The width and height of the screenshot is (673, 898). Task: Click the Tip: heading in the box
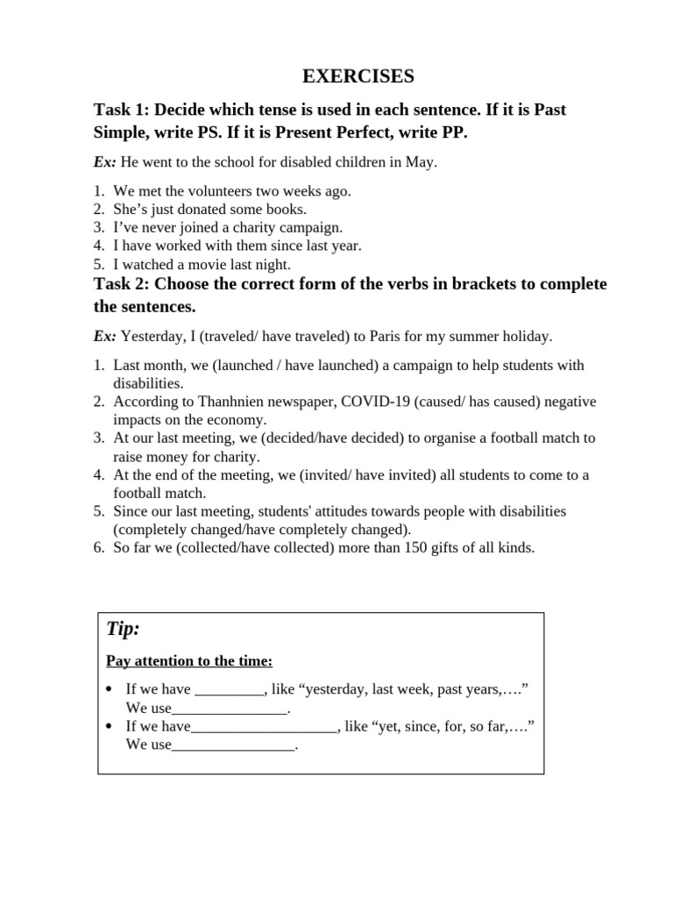click(x=124, y=629)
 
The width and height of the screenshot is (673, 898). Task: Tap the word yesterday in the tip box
click(x=332, y=690)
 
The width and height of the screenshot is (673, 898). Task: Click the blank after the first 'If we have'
click(x=229, y=691)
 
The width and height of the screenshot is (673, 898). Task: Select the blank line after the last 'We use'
click(x=234, y=745)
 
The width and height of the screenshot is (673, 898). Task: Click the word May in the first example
click(x=422, y=162)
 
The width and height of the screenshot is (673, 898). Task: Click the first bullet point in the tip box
click(x=109, y=690)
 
